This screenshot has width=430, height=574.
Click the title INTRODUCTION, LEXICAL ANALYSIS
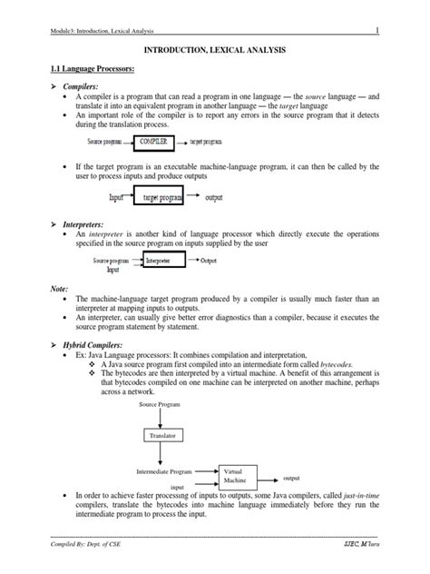216,54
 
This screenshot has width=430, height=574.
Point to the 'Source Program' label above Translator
160,403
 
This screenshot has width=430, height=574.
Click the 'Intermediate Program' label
164,472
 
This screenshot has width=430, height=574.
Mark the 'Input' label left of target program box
117,197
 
